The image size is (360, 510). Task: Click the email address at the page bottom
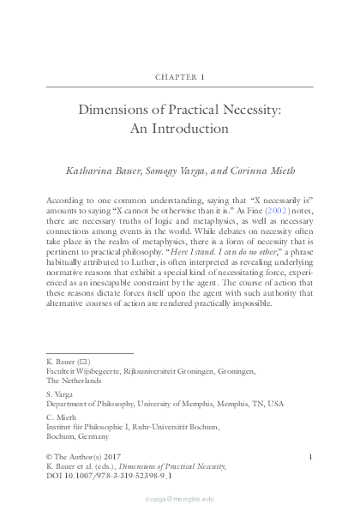point(179,497)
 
